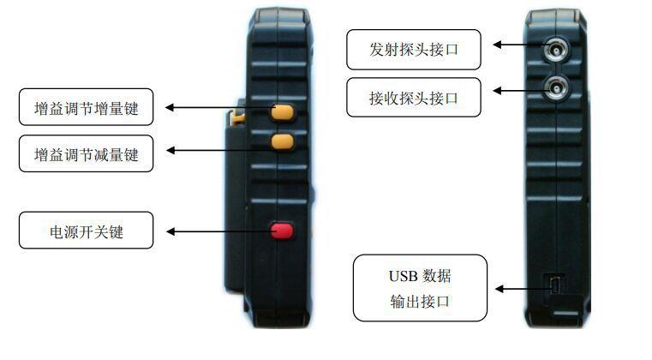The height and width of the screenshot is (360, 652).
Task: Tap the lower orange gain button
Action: click(283, 141)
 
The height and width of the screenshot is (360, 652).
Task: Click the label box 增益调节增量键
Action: click(86, 109)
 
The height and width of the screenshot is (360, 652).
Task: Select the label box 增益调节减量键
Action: click(86, 154)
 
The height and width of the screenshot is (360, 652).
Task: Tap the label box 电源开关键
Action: click(86, 231)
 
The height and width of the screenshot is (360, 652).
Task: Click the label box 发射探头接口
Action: click(414, 50)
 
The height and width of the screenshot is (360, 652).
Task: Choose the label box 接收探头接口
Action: click(414, 98)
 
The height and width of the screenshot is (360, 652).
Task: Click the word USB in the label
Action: click(404, 276)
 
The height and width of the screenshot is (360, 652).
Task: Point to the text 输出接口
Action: click(419, 302)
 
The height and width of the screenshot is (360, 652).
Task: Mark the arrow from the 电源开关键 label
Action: click(214, 231)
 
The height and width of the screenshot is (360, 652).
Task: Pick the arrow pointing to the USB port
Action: click(518, 289)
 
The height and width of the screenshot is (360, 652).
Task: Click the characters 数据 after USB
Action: click(437, 276)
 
